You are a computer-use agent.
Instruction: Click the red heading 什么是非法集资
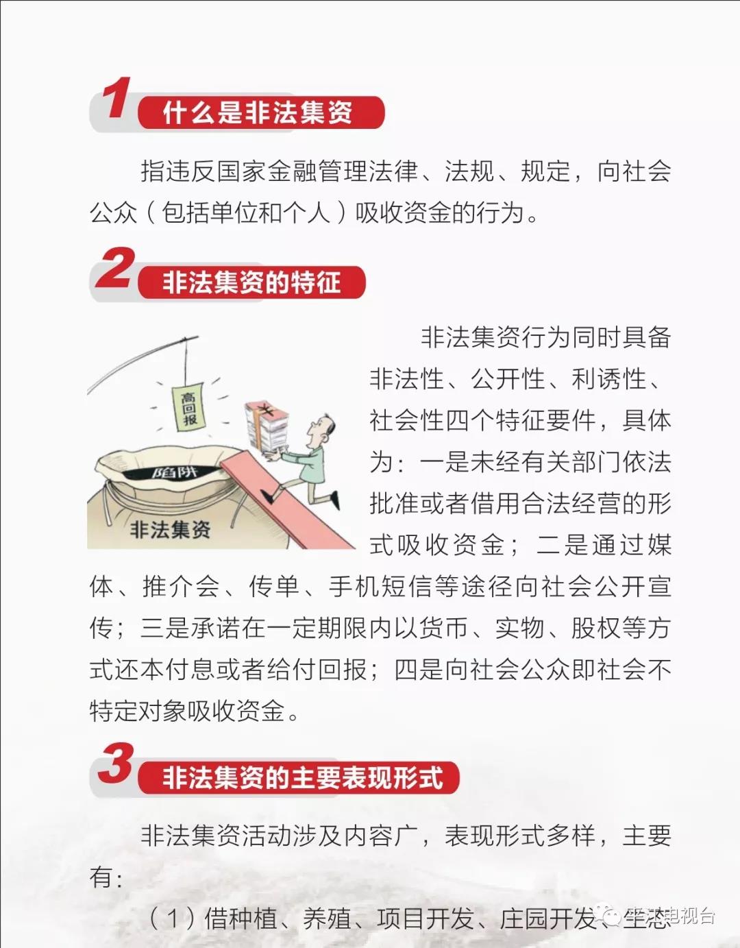(258, 112)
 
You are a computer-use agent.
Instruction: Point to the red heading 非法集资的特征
(251, 282)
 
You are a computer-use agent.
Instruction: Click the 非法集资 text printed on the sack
(171, 530)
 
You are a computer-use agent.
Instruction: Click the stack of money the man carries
(267, 426)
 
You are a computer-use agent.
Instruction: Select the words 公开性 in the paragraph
(508, 378)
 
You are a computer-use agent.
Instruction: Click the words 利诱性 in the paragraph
(609, 378)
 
